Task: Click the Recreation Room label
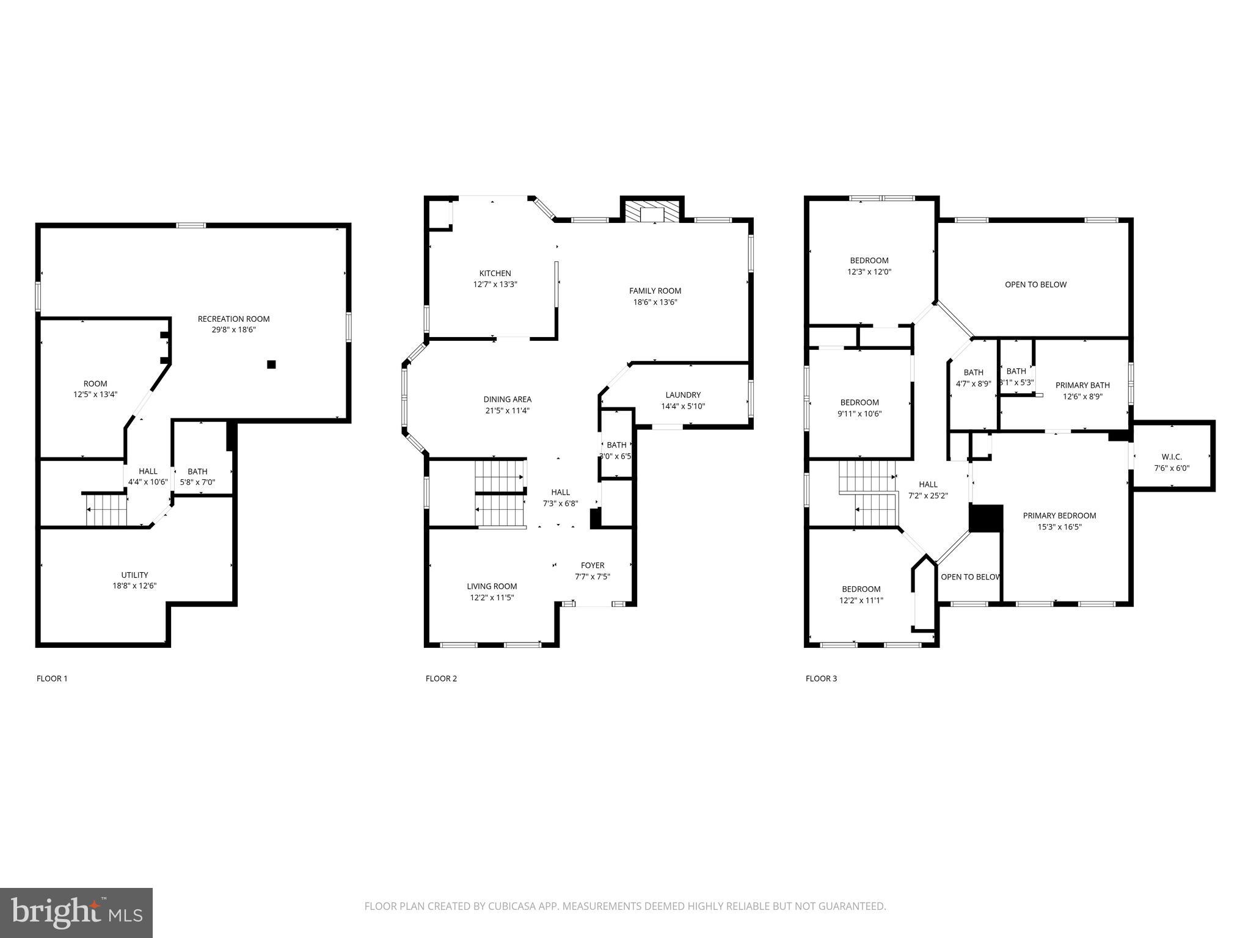(x=233, y=319)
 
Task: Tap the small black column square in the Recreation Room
(x=271, y=365)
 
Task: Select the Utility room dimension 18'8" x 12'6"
(x=134, y=586)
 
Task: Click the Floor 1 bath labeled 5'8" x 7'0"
(x=197, y=477)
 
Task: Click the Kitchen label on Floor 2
(x=495, y=273)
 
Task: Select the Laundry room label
(x=683, y=395)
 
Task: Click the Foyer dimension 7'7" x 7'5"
(x=592, y=576)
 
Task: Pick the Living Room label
(x=492, y=586)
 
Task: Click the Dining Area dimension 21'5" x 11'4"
(x=507, y=410)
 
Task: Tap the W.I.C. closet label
(x=1171, y=457)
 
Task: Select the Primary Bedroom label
(x=1059, y=515)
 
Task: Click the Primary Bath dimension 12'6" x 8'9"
(x=1082, y=396)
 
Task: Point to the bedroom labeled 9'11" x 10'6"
(x=859, y=408)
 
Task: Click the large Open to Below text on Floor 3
(x=1035, y=285)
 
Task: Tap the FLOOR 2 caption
(x=441, y=678)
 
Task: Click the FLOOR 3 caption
(x=821, y=678)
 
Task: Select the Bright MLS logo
(x=76, y=912)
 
